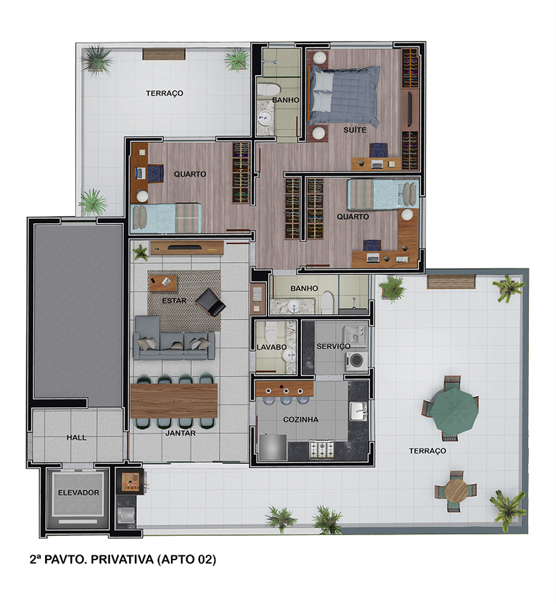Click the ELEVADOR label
79,492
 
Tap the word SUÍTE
355,130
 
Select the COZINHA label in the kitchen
300,420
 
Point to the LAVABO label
272,347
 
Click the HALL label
76,438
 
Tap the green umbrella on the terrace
455,411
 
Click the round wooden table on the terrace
456,491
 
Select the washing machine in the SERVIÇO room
357,361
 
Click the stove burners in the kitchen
322,450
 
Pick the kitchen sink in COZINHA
359,411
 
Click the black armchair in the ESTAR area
211,302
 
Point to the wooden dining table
174,400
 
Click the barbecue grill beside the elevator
130,482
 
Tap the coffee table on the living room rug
163,283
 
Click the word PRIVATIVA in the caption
122,560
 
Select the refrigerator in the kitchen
273,447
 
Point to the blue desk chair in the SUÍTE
379,150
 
